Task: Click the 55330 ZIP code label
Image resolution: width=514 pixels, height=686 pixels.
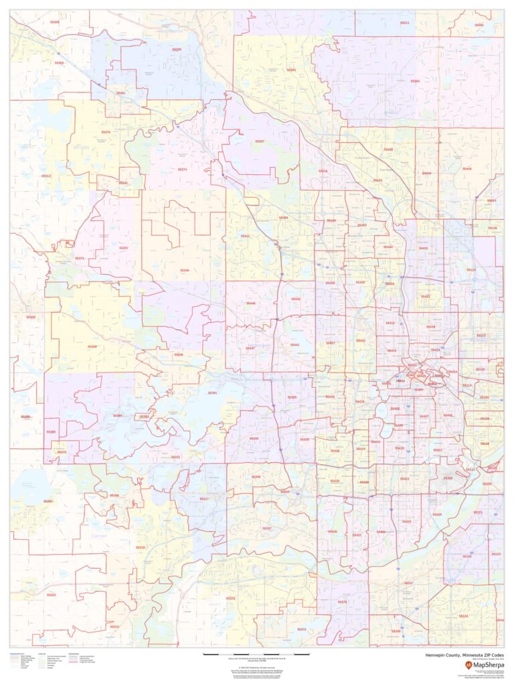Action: point(177,49)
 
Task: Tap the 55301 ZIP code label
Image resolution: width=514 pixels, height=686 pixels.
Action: point(121,93)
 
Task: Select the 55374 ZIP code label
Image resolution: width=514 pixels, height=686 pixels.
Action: point(182,169)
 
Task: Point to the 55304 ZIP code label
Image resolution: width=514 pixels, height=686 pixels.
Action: point(415,81)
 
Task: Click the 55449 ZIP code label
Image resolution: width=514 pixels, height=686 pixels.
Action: point(466,169)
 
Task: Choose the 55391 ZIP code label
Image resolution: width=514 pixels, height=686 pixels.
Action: point(212,393)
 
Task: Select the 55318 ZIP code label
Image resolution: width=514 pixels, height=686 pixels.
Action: point(140,547)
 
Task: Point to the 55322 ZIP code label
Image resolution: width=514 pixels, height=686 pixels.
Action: point(52,595)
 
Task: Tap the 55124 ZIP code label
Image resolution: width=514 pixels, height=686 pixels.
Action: point(463,616)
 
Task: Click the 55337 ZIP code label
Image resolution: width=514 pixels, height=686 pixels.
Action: point(408,583)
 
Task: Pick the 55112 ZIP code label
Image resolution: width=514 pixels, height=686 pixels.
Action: point(471,269)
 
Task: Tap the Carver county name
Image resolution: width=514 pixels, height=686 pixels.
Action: point(98,536)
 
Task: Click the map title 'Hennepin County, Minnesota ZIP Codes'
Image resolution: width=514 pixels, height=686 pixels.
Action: point(464,655)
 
